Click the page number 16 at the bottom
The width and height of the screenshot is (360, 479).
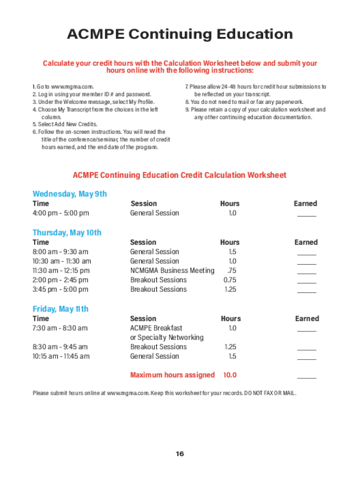click(x=180, y=454)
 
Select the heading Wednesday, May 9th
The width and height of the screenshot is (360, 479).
click(x=70, y=194)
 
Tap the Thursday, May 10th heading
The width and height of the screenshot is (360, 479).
click(x=67, y=232)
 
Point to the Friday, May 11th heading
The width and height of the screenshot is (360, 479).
click(x=60, y=309)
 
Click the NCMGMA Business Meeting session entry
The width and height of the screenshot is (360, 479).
click(x=172, y=270)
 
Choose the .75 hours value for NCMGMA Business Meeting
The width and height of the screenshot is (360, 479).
click(x=231, y=270)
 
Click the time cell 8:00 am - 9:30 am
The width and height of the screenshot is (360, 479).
click(x=60, y=252)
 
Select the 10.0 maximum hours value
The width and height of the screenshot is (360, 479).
click(x=230, y=375)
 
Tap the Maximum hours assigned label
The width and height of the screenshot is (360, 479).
click(x=172, y=375)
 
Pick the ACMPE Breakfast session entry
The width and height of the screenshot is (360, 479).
click(x=156, y=328)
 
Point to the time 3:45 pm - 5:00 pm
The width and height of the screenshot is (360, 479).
click(x=60, y=289)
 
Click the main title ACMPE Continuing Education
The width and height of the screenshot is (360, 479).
click(x=180, y=34)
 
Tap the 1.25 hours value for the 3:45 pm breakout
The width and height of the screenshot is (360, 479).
click(x=230, y=289)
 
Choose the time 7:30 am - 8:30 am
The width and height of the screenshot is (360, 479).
click(x=60, y=328)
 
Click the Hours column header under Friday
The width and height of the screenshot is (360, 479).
click(x=230, y=319)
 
